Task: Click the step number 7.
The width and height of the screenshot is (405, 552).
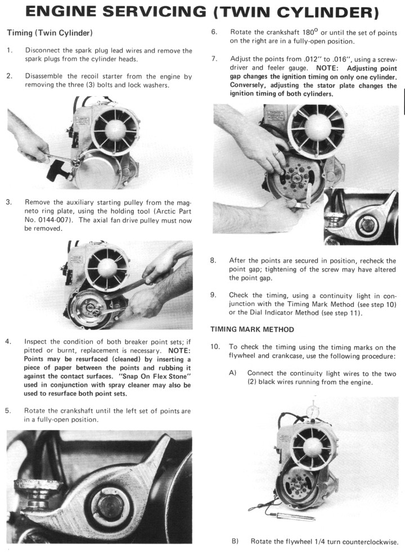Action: [x=214, y=58]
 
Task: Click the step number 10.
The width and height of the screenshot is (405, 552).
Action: [x=215, y=347]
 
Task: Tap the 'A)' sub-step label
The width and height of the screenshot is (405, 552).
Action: [x=233, y=373]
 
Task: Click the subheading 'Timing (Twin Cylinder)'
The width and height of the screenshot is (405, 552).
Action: [x=49, y=34]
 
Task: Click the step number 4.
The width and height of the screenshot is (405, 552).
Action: [x=8, y=342]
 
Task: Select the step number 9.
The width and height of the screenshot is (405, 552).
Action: [x=214, y=295]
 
